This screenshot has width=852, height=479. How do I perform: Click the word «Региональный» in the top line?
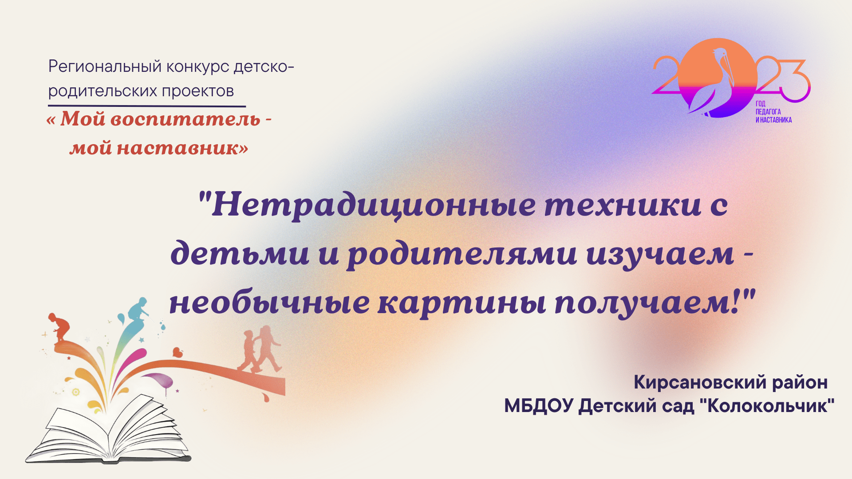click(105, 67)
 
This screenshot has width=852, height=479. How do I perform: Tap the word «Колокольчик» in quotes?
click(767, 406)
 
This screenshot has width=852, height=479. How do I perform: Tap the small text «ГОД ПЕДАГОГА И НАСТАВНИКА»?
click(773, 112)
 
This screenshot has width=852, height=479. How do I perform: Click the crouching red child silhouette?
click(59, 328)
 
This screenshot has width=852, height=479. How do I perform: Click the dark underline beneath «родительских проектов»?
click(146, 106)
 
